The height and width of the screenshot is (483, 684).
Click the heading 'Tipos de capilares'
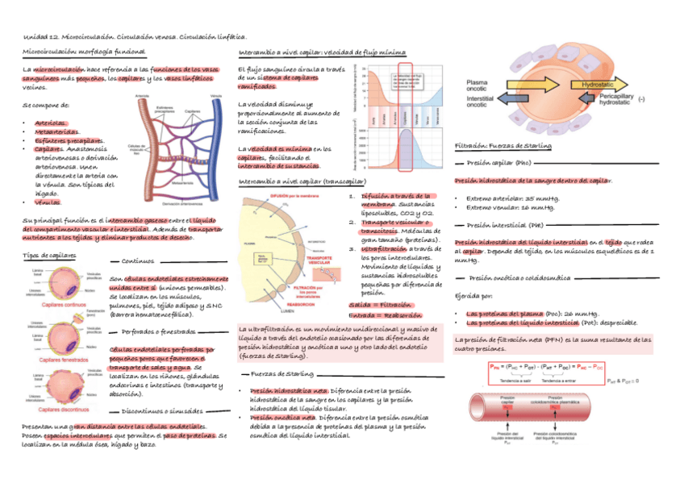click(48, 255)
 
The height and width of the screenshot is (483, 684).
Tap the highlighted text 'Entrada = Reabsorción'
click(386, 315)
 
